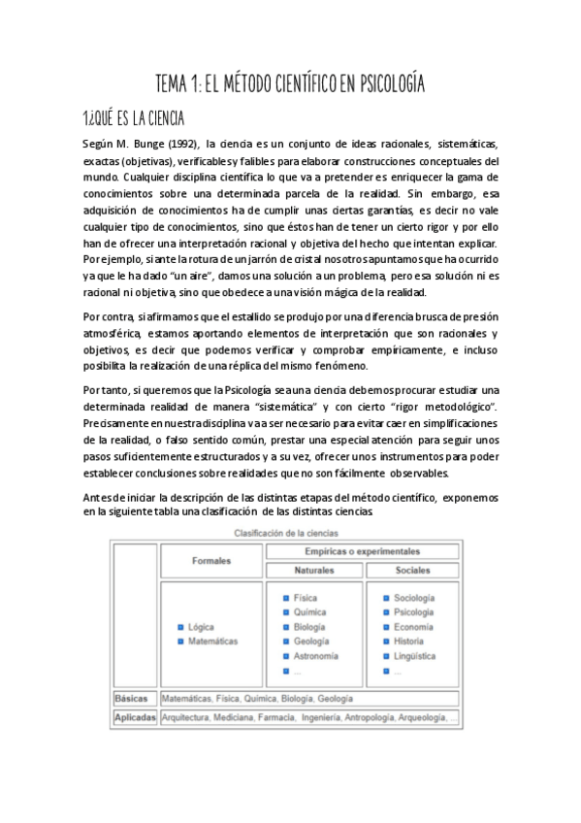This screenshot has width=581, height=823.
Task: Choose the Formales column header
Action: (x=211, y=561)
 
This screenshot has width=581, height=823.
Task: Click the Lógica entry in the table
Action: (x=202, y=627)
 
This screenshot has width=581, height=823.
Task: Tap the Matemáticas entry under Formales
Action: (x=212, y=642)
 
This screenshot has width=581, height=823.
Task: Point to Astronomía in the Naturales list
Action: (x=315, y=656)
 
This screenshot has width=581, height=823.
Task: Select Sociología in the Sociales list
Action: (x=414, y=598)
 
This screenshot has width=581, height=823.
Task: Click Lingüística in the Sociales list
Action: (x=414, y=656)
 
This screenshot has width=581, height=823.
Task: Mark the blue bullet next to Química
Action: (x=286, y=612)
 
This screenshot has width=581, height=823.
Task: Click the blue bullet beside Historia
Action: (x=386, y=642)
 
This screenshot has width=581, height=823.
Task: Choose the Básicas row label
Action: (x=130, y=698)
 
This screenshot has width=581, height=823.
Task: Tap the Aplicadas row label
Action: (x=134, y=717)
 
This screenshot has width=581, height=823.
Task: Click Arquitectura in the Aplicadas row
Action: (x=192, y=717)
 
